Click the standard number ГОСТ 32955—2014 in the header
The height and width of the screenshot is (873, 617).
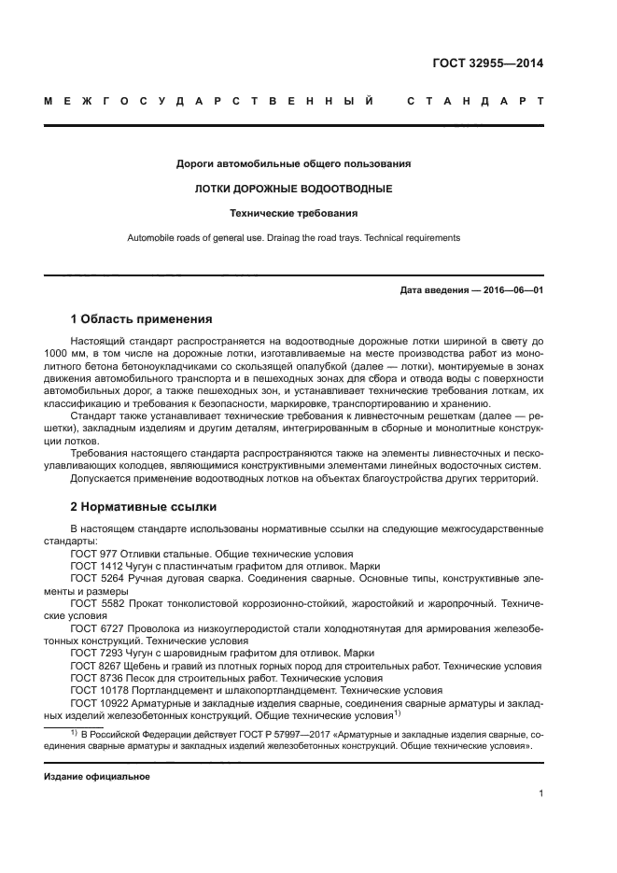click(487, 63)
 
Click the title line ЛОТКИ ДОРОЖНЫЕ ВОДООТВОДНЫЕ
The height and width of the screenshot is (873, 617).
click(293, 189)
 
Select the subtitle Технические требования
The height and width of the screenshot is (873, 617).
click(293, 213)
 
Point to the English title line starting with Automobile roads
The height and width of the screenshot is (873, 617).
click(293, 238)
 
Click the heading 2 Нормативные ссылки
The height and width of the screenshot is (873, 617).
click(144, 507)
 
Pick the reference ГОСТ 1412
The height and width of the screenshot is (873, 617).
click(94, 566)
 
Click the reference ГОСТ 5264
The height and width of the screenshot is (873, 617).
click(94, 579)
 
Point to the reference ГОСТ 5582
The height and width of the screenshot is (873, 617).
click(94, 603)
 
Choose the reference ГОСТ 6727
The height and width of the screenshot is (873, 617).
click(94, 628)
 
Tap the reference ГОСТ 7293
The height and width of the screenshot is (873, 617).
click(94, 654)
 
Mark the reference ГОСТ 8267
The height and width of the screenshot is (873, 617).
click(94, 666)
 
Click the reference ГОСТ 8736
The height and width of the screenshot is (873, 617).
click(94, 678)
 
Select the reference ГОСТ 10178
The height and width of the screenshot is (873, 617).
click(97, 690)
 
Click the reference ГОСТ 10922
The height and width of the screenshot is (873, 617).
click(97, 702)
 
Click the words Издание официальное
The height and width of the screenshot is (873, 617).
click(97, 777)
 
